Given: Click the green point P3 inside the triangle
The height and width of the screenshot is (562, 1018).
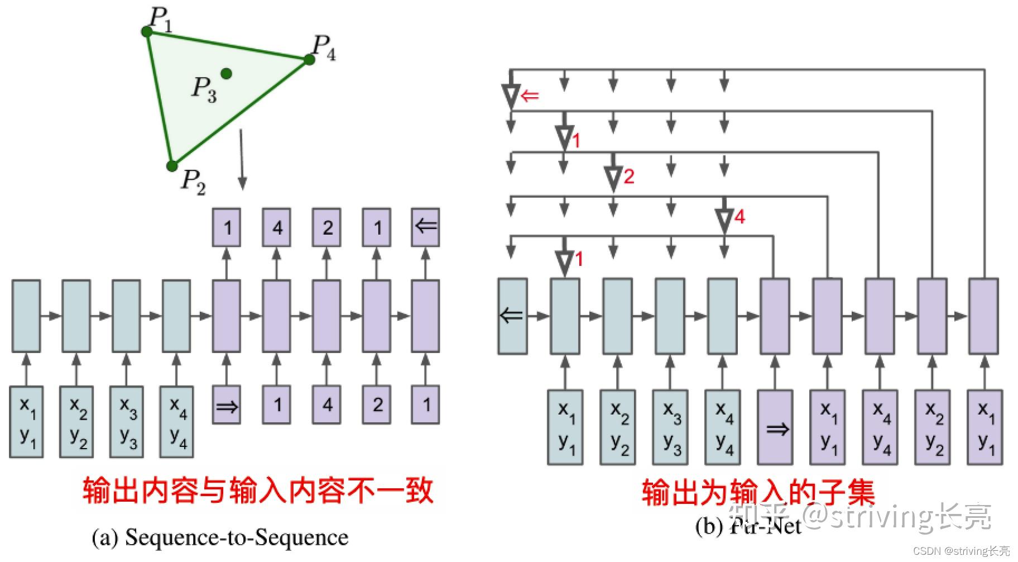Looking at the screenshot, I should coord(226,73).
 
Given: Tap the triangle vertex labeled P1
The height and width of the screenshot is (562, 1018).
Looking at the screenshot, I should coord(147,32).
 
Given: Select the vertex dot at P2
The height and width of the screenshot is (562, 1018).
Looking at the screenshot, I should coord(172,165).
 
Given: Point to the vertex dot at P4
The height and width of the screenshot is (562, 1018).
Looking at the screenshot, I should coord(309,59).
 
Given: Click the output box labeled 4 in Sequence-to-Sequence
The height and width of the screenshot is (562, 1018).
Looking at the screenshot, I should coord(277,227).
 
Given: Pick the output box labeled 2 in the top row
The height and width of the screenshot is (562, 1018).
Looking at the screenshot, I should coord(327,227).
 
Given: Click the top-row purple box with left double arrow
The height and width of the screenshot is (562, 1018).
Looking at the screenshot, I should coord(426,227).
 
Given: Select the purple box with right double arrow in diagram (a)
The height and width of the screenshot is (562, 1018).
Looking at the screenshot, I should coord(227,405).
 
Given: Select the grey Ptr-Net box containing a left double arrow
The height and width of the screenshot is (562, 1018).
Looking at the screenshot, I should coord(512,316).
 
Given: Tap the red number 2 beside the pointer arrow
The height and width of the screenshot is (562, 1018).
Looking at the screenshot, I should coord(629,177).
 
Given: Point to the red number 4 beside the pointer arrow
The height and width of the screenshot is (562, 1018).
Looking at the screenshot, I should coord(740,217).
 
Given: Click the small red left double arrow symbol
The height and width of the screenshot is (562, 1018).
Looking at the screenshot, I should coord(530,96).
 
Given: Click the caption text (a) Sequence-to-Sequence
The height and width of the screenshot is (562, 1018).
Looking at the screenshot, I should coord(220,537).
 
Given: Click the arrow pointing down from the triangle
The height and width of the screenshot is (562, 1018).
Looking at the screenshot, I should coord(242,160).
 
